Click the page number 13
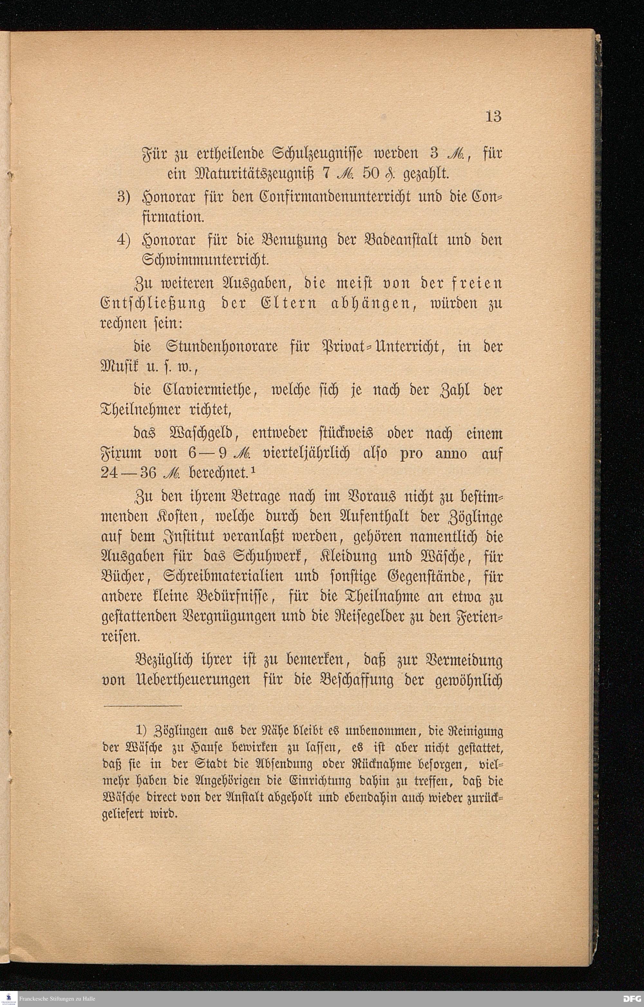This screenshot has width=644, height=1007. tap(493, 116)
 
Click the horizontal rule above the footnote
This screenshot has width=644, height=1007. tap(143, 706)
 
